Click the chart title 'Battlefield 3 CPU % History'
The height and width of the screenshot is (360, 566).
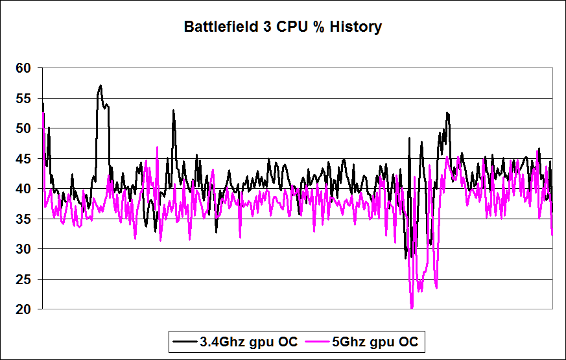click(x=283, y=27)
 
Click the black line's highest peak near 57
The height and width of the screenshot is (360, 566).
click(x=100, y=86)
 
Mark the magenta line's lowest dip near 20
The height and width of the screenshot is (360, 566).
click(x=412, y=307)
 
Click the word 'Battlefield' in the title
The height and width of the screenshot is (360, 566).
click(x=217, y=27)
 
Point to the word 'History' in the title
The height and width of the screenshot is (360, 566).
click(x=357, y=27)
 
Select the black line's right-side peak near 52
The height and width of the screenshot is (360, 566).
click(x=447, y=113)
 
